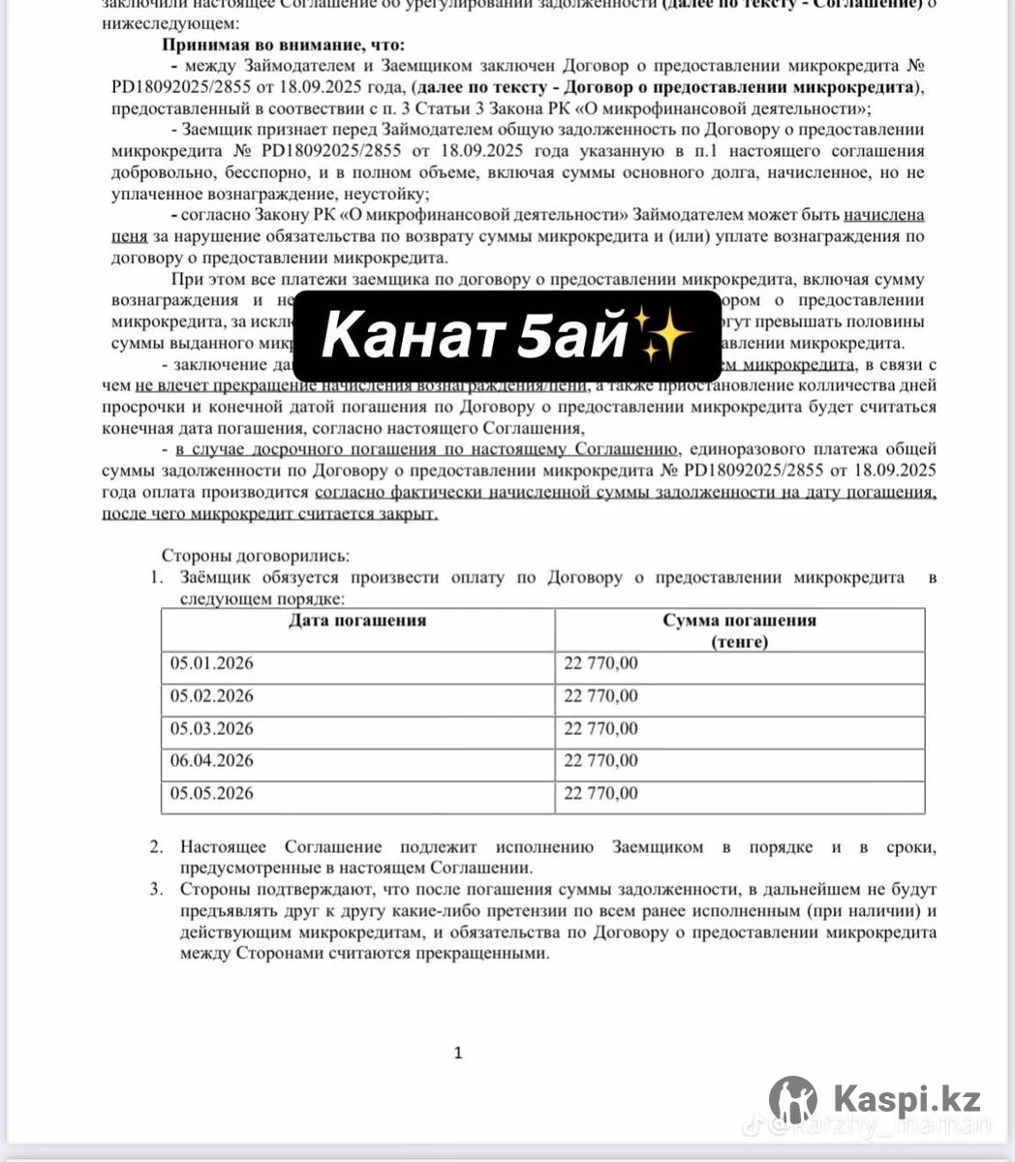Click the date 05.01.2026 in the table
click(x=211, y=664)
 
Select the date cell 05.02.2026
click(x=211, y=696)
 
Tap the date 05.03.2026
click(x=211, y=729)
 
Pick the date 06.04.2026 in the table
click(x=211, y=761)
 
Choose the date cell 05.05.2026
click(x=211, y=794)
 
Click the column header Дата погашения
click(x=357, y=621)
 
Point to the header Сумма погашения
click(x=739, y=621)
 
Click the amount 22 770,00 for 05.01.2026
click(x=600, y=664)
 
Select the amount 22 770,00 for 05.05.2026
click(x=600, y=794)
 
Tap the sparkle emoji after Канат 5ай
click(x=665, y=336)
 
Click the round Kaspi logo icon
click(x=792, y=1100)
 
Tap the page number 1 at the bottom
click(x=458, y=1054)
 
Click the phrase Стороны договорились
click(x=255, y=557)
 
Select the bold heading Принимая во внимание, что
click(x=284, y=46)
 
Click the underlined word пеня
click(x=129, y=236)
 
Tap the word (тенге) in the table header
click(x=739, y=642)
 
